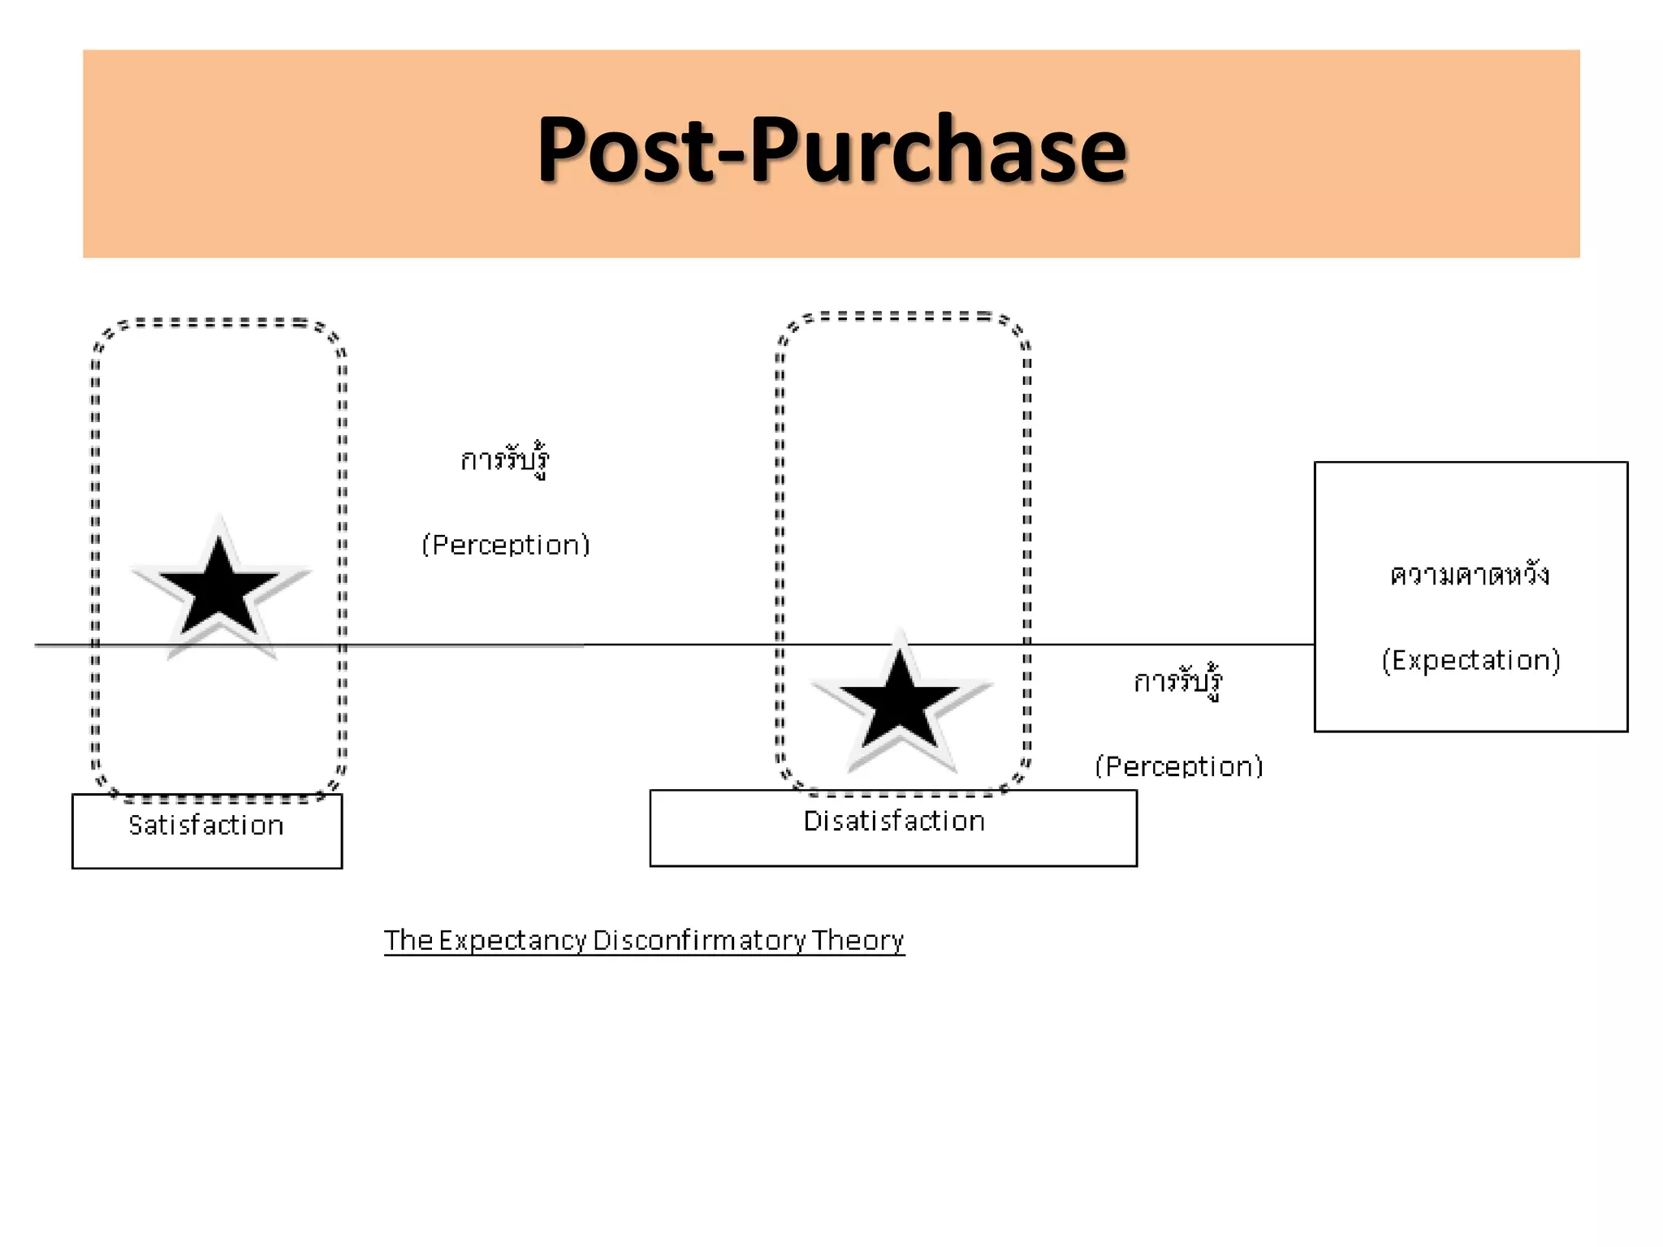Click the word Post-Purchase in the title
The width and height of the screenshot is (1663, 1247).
pyautogui.click(x=831, y=150)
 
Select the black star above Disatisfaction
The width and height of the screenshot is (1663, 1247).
pyautogui.click(x=899, y=703)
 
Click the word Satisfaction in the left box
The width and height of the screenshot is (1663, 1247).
pyautogui.click(x=206, y=826)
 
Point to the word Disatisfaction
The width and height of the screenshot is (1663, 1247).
pyautogui.click(x=894, y=822)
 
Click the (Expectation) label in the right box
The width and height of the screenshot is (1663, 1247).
pyautogui.click(x=1471, y=661)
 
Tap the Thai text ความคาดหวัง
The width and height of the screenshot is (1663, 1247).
pyautogui.click(x=1470, y=576)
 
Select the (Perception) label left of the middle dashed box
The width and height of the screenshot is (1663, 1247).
pyautogui.click(x=506, y=545)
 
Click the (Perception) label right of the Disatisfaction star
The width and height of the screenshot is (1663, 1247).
pyautogui.click(x=1179, y=766)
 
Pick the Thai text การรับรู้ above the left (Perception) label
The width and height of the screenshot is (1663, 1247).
pyautogui.click(x=505, y=460)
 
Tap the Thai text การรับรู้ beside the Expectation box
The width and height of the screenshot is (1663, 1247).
pyautogui.click(x=1178, y=682)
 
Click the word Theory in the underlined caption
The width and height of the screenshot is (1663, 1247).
pyautogui.click(x=857, y=940)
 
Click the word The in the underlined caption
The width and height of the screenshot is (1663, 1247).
pyautogui.click(x=408, y=940)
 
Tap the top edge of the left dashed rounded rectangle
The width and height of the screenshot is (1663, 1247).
pyautogui.click(x=219, y=322)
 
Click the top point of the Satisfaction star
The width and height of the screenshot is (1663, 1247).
pyautogui.click(x=219, y=520)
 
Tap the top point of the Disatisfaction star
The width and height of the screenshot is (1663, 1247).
pyautogui.click(x=899, y=633)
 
